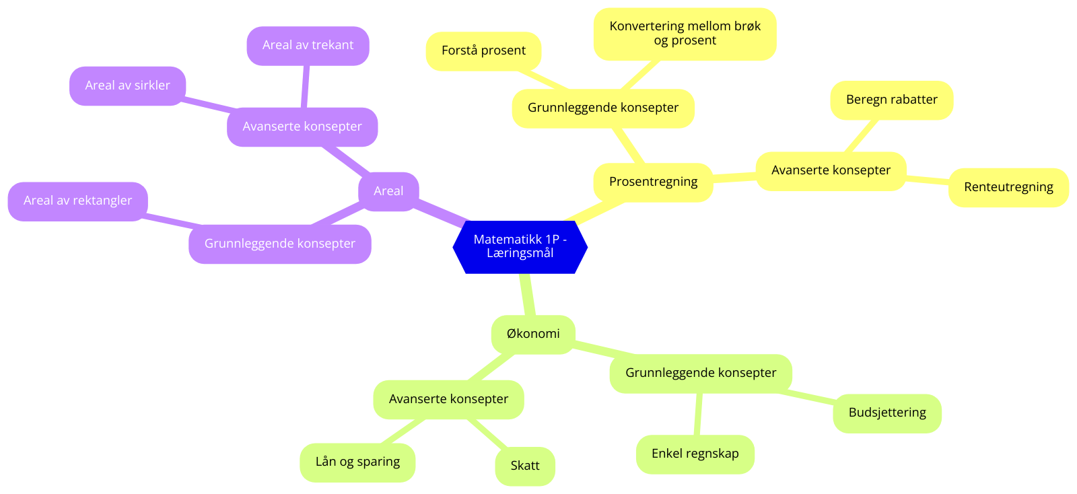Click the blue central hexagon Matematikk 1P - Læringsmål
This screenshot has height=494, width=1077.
(x=520, y=246)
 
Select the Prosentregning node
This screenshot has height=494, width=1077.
(x=653, y=182)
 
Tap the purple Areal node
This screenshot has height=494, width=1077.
(x=388, y=191)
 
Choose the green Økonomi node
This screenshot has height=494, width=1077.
(x=533, y=334)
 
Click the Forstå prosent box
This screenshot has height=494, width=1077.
(x=483, y=50)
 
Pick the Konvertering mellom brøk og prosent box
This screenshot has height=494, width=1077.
(x=685, y=34)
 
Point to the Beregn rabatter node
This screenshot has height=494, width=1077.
(x=891, y=100)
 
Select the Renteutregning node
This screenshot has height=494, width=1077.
(x=1008, y=187)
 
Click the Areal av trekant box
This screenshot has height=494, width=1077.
(x=308, y=45)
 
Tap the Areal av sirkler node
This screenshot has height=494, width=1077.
(x=127, y=85)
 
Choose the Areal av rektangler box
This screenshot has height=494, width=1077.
(x=77, y=201)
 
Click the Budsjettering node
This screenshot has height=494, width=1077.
(x=887, y=413)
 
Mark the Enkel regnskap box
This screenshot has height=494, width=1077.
(x=695, y=454)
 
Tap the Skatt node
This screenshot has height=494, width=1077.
(x=525, y=466)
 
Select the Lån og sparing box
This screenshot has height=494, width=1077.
(x=357, y=462)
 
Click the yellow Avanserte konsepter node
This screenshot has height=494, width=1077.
(x=831, y=170)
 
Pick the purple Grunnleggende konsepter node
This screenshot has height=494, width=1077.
(x=279, y=244)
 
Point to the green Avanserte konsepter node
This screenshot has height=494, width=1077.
(x=448, y=399)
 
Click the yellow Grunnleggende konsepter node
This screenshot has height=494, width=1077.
(x=602, y=108)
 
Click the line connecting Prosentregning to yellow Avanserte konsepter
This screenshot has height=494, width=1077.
(x=734, y=177)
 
